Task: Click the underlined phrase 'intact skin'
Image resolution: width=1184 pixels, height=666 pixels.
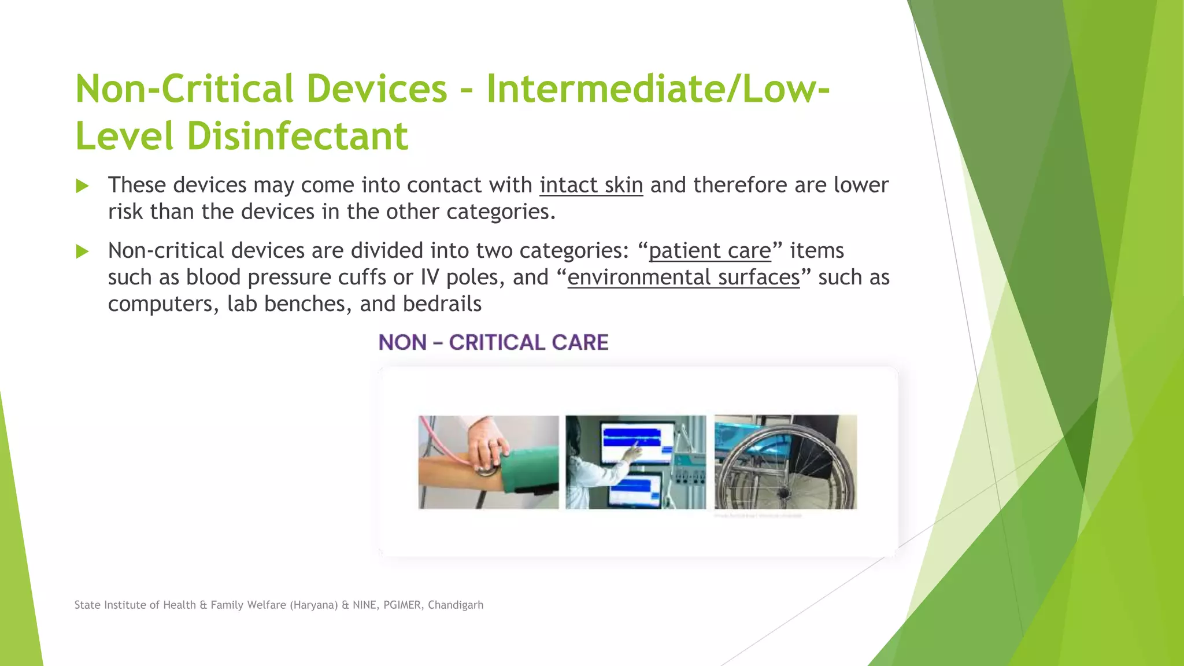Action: pos(591,185)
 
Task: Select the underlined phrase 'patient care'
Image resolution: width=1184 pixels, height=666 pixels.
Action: pos(709,251)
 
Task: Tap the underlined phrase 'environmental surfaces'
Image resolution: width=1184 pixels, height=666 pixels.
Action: pos(683,277)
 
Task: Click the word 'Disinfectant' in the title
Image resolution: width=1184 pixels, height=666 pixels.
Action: pos(297,136)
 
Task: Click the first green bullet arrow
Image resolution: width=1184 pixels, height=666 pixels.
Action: pos(82,186)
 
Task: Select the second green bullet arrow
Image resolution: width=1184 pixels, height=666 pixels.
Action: pos(82,251)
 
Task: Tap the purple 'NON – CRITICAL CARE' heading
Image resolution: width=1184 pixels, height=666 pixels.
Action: pos(493,342)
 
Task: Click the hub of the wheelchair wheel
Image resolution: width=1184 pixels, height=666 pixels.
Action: pos(785,493)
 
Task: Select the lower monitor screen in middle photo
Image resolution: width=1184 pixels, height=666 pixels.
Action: pos(634,489)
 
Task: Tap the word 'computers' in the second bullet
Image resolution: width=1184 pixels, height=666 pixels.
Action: pos(160,304)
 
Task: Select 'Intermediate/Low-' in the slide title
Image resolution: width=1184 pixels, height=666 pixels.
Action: pos(658,88)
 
